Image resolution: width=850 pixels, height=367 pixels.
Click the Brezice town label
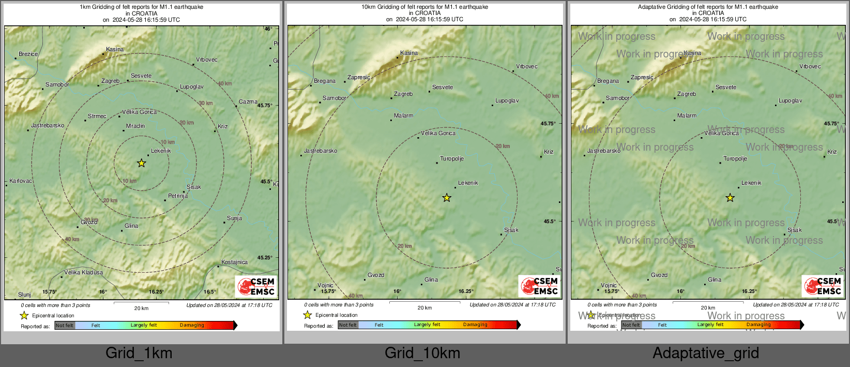tap(28, 54)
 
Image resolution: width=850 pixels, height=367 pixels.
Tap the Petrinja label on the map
tap(178, 196)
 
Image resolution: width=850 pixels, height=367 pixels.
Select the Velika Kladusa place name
tap(83, 272)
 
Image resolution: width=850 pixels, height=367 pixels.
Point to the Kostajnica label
tap(234, 262)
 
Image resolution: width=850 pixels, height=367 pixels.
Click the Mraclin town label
tap(135, 126)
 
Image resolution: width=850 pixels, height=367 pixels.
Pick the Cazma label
tap(248, 101)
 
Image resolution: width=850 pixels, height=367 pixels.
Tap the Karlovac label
tap(21, 181)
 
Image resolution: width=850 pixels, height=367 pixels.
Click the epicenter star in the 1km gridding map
tap(141, 163)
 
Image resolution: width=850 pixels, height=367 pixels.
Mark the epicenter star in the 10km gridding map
tap(447, 198)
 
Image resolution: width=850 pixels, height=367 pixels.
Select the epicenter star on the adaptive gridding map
tap(730, 198)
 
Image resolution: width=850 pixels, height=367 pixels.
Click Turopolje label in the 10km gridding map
tap(451, 158)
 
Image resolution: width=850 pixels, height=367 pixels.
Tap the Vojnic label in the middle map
tap(325, 285)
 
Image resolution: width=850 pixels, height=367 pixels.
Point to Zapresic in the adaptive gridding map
tap(642, 77)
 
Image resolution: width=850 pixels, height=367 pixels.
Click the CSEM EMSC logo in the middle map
tap(540, 286)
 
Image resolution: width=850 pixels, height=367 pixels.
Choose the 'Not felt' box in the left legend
tap(64, 325)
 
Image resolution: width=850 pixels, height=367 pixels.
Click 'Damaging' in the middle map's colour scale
tap(475, 325)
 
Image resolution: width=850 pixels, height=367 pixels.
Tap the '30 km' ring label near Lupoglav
tap(206, 103)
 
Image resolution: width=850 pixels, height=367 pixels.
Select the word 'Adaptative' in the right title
tap(654, 7)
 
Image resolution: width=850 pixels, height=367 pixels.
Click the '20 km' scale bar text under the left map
tap(141, 308)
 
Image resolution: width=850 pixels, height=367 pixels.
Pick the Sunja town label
tap(234, 218)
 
